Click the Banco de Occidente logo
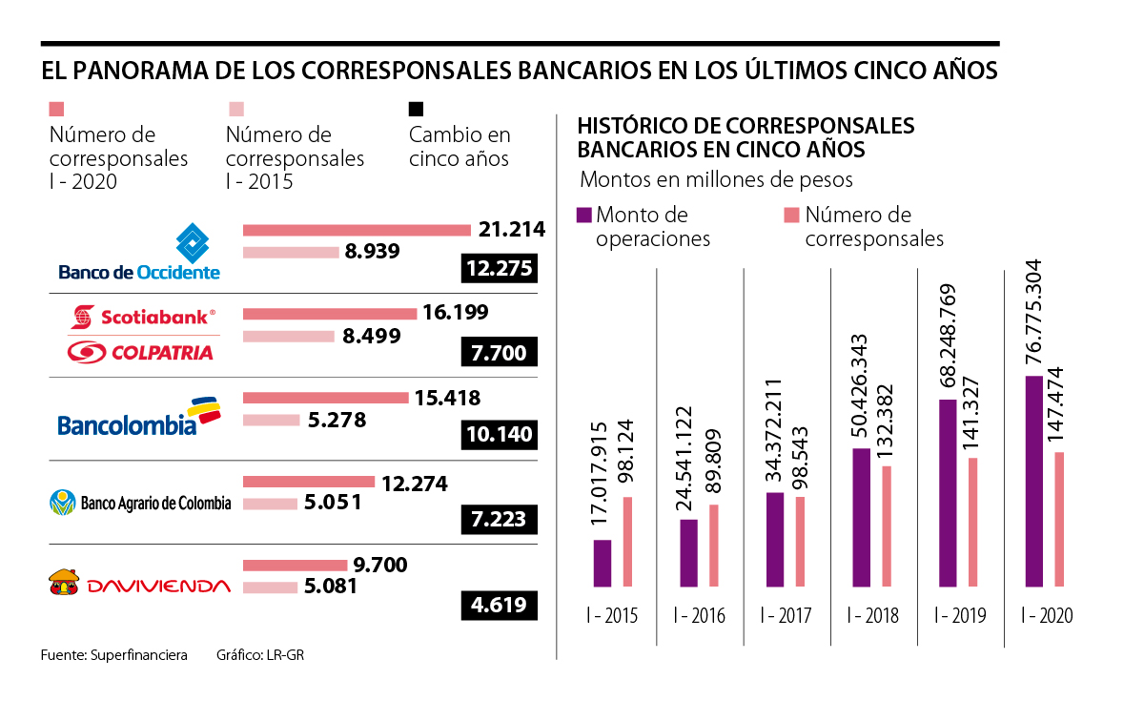(139, 253)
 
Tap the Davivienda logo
(139, 585)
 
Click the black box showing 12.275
(500, 269)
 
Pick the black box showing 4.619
(500, 604)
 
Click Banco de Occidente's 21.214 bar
(357, 230)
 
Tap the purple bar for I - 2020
(1033, 482)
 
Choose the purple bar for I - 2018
(861, 518)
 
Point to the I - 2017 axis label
(786, 616)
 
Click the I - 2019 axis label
(960, 616)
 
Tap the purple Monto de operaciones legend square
(584, 215)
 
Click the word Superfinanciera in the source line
(139, 655)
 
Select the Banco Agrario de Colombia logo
(139, 502)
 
